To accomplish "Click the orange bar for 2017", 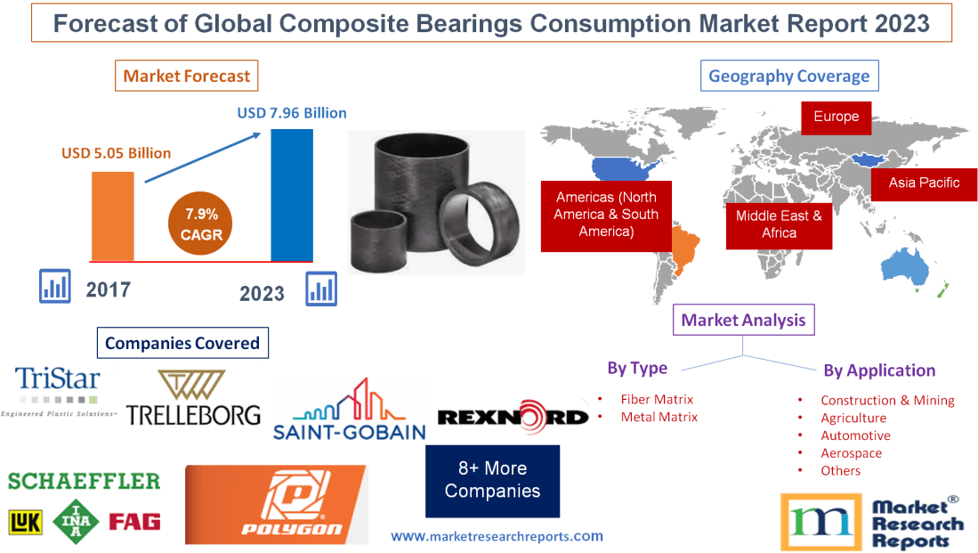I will [x=113, y=215].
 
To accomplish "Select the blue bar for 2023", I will [x=292, y=195].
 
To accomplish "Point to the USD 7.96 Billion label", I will [x=292, y=113].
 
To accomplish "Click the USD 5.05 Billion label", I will [x=116, y=153].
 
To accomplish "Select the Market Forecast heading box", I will [x=187, y=76].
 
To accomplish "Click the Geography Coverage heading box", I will [x=788, y=76].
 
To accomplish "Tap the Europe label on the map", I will [x=836, y=117].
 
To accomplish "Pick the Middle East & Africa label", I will [x=779, y=224].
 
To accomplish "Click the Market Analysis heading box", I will [x=743, y=320].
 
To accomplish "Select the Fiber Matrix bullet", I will [x=657, y=400].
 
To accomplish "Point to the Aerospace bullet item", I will [x=851, y=453].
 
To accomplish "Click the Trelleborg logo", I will [x=193, y=398].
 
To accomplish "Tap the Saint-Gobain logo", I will [x=349, y=411].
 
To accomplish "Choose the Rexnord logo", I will [x=513, y=417].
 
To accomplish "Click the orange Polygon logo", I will [x=276, y=504].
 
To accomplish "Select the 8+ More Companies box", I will [x=492, y=480].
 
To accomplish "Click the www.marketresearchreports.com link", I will [x=497, y=536].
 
